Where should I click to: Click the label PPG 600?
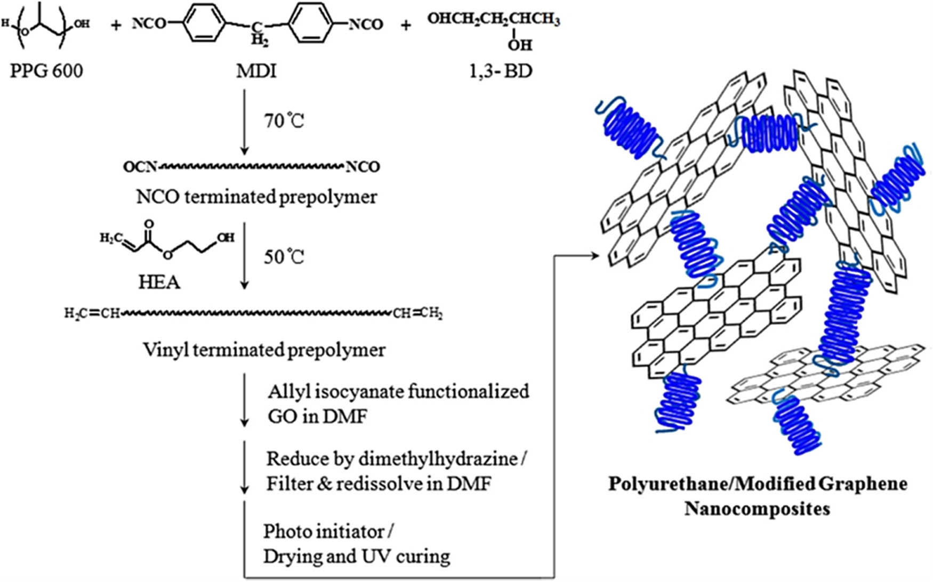(x=46, y=70)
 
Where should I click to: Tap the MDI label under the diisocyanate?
(x=256, y=70)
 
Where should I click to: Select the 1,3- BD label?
(x=501, y=70)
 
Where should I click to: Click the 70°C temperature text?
(x=284, y=122)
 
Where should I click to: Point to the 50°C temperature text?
(x=284, y=257)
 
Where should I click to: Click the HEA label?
(x=159, y=281)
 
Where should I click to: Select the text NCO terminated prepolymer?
(x=256, y=197)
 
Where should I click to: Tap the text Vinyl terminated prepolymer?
(x=264, y=350)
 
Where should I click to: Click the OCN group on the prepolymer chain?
(x=140, y=167)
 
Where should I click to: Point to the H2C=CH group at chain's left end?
(x=92, y=313)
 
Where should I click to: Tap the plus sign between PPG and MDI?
(x=116, y=25)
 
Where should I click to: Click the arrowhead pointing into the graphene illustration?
(x=595, y=256)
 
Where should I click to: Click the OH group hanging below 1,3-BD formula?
(x=520, y=45)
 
